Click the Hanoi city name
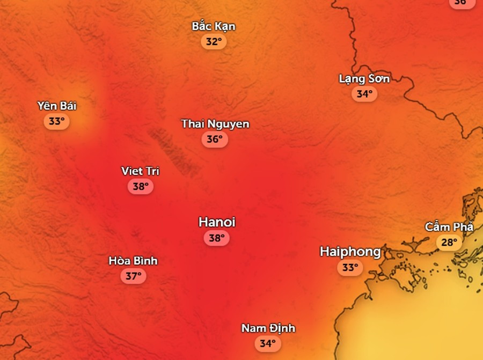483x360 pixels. (x=217, y=222)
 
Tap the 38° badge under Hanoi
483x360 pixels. (x=216, y=238)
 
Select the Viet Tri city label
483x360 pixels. (x=140, y=171)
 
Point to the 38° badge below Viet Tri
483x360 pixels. (x=140, y=187)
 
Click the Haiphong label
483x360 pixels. (x=350, y=251)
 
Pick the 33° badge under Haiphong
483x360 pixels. (x=350, y=267)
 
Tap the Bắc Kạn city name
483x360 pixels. (x=214, y=26)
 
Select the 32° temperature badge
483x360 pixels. (x=214, y=42)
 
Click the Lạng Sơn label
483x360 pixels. (x=364, y=79)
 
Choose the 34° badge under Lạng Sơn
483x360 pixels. (x=364, y=94)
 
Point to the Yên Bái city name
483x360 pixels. (x=57, y=106)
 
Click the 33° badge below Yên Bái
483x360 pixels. (x=56, y=121)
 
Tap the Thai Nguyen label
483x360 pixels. (x=215, y=124)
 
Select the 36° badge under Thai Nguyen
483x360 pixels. (x=215, y=139)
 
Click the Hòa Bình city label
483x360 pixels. (x=133, y=261)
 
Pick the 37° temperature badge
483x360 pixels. (x=133, y=277)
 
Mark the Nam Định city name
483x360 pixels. (x=268, y=328)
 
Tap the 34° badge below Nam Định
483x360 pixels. (x=267, y=343)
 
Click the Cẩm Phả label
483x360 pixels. (x=449, y=227)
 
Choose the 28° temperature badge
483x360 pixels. (x=449, y=243)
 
